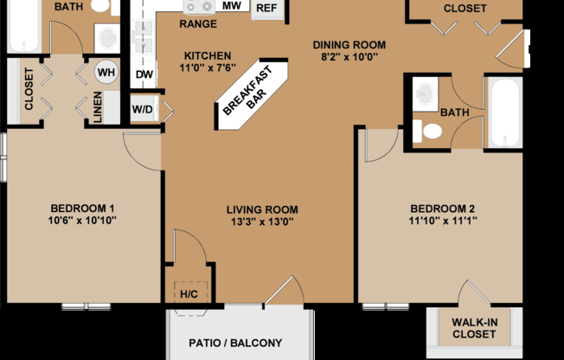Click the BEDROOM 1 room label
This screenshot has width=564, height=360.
(x=82, y=208)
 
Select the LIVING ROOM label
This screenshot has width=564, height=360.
(x=262, y=209)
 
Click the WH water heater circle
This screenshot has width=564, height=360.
(x=106, y=72)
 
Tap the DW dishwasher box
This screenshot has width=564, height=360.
(x=144, y=75)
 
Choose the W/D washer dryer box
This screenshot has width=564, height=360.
(x=143, y=110)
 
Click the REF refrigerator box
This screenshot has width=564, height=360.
(x=266, y=9)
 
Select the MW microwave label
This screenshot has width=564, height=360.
(x=231, y=6)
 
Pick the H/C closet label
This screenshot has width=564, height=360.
(x=188, y=294)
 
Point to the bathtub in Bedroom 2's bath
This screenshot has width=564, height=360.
(x=503, y=112)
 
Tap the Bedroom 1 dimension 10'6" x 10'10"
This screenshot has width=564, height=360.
(x=82, y=220)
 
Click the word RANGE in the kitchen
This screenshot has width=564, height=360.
(x=198, y=24)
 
